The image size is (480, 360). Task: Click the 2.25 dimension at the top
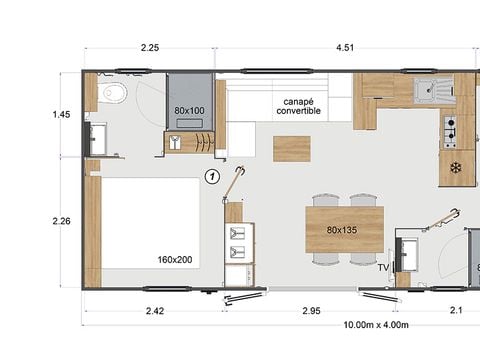tap(149, 47)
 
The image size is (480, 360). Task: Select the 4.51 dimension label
tap(343, 47)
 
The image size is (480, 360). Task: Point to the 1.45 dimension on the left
tap(61, 115)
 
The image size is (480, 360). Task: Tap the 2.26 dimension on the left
tap(61, 222)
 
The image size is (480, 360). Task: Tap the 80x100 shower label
tap(189, 111)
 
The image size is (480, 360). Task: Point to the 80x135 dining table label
tap(343, 231)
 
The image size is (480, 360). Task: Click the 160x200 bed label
tap(174, 260)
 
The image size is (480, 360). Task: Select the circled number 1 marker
tap(211, 177)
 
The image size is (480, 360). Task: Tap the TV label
tap(383, 267)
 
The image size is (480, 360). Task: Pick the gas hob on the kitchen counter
tap(450, 127)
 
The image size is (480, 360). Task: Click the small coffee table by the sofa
tap(292, 149)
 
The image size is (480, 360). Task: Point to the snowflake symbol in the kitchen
tap(457, 167)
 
